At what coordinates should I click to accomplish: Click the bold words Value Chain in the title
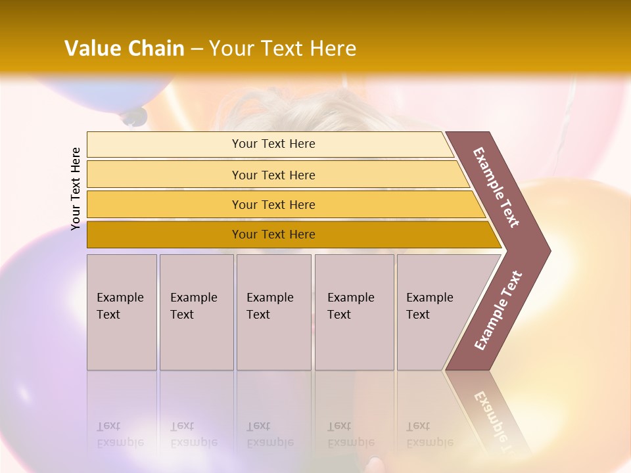click(124, 49)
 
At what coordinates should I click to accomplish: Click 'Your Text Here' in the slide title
click(283, 49)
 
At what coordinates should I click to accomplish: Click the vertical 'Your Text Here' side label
click(76, 189)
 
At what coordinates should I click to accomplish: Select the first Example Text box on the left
click(122, 312)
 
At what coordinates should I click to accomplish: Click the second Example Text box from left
click(197, 312)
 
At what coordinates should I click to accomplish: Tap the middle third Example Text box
click(273, 312)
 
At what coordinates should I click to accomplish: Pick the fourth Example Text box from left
click(354, 312)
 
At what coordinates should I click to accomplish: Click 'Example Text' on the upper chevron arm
click(496, 187)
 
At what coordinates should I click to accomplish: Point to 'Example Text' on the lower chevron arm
click(498, 311)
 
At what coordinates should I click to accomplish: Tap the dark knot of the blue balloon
click(134, 117)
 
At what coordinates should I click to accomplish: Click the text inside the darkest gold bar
click(273, 235)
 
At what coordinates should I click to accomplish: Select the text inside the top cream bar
click(273, 144)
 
